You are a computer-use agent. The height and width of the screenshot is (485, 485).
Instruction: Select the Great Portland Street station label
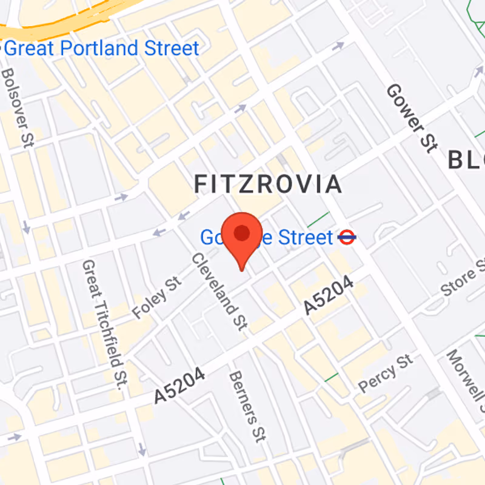102,48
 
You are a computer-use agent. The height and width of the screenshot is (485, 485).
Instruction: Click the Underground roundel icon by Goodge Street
346,237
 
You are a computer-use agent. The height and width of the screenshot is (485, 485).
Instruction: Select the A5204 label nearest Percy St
328,295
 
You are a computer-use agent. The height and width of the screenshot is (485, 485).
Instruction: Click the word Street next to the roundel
306,237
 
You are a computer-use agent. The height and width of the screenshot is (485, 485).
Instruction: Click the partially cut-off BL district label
467,160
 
